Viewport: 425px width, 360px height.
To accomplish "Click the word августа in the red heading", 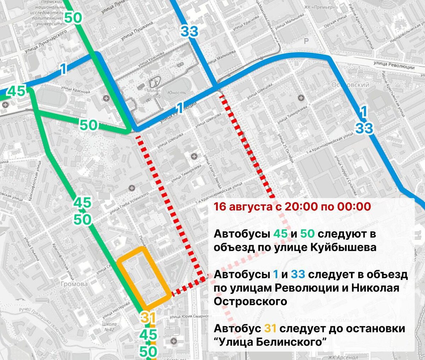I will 250,206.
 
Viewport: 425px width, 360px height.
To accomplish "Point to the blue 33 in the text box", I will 298,275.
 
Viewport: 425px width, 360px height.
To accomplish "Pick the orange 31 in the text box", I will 270,328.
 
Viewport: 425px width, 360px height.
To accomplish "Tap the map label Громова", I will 74,284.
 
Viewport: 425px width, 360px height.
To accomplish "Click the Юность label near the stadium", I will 176,93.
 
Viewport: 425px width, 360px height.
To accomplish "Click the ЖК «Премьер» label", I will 319,7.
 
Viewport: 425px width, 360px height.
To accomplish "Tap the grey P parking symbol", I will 306,41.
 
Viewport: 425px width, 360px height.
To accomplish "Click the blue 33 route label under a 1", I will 364,128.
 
